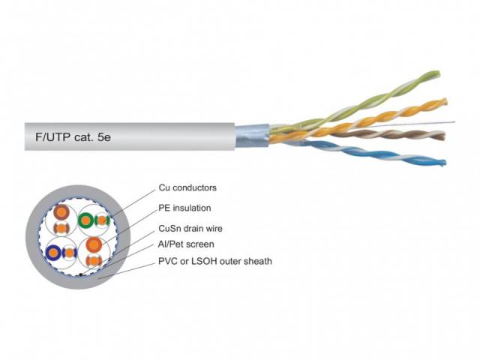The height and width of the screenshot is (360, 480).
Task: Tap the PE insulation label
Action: coord(184,207)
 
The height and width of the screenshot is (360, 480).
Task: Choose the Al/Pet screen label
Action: coord(186,244)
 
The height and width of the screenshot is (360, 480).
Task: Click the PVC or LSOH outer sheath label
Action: coord(214,261)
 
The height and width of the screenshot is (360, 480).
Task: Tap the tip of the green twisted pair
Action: coord(437,73)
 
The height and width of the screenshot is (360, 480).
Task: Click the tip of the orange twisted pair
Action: coord(445,100)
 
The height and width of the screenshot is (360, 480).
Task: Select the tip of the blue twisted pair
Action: coord(444,163)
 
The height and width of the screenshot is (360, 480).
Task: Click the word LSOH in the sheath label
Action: coord(202,261)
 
